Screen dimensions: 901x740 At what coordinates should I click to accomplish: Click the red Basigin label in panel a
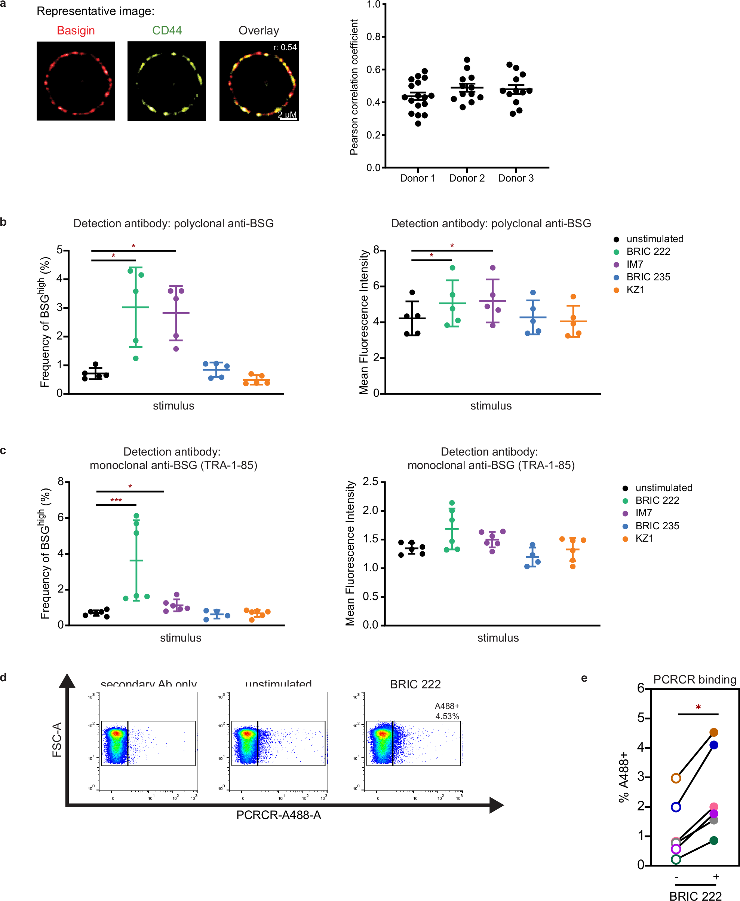76,31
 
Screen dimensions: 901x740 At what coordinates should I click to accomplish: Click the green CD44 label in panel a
167,31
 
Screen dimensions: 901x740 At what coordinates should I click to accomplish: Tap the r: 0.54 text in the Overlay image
285,48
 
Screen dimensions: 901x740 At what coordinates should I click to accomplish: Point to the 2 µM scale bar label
287,115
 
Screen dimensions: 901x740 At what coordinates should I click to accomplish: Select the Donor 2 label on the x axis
467,178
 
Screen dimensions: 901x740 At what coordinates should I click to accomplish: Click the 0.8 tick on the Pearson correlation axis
374,37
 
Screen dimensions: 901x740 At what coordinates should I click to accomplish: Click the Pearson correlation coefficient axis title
354,87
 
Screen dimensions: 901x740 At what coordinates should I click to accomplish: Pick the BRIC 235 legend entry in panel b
648,277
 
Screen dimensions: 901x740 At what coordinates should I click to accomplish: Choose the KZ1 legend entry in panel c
644,538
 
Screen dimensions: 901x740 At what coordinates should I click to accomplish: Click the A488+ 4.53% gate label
447,711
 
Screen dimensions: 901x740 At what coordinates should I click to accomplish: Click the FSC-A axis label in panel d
57,740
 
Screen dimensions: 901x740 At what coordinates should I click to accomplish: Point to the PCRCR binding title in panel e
694,680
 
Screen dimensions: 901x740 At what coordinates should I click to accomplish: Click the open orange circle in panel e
676,779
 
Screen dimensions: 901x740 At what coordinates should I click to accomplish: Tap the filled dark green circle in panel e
713,841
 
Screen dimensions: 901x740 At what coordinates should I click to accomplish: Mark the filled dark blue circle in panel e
713,745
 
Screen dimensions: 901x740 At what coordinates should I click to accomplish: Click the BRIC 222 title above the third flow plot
415,684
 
